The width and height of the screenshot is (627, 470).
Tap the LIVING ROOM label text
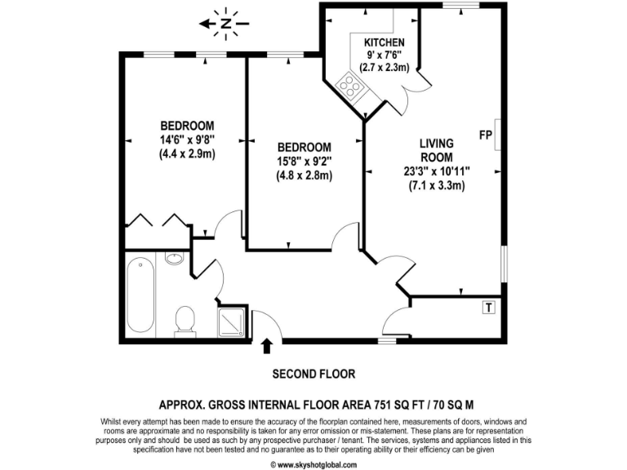click(436, 150)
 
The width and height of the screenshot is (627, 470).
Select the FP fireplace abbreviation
click(485, 135)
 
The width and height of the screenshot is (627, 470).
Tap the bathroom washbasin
click(175, 259)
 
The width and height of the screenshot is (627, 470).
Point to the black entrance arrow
click(266, 347)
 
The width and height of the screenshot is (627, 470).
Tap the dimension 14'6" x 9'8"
click(187, 139)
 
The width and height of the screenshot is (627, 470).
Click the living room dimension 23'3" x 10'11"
click(436, 171)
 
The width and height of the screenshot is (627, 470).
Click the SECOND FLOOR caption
click(313, 375)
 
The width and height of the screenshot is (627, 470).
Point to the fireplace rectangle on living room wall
click(497, 135)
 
